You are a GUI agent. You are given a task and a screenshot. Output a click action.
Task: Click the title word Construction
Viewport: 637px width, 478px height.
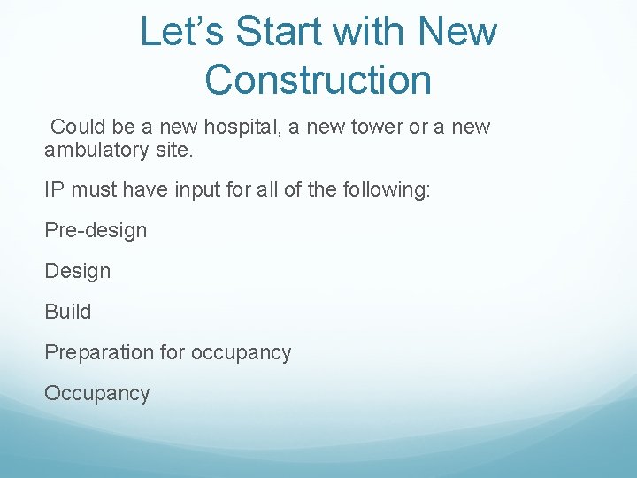(x=318, y=80)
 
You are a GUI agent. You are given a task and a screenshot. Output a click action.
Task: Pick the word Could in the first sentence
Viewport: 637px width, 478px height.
(x=78, y=127)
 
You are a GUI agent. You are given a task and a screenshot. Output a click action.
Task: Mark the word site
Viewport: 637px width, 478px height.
(x=173, y=150)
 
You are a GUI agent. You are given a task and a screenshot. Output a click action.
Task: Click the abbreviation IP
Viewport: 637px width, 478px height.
(x=54, y=190)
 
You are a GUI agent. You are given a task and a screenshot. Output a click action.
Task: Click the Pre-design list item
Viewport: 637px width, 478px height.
(x=96, y=231)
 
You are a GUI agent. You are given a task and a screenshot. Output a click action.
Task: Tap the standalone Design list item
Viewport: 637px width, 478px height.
(x=78, y=271)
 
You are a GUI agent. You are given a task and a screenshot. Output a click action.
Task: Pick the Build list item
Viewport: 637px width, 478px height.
(x=68, y=312)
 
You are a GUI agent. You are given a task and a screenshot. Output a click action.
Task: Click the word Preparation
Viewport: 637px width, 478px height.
(x=99, y=352)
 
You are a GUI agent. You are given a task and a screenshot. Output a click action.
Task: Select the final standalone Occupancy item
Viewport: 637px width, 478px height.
(x=97, y=393)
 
